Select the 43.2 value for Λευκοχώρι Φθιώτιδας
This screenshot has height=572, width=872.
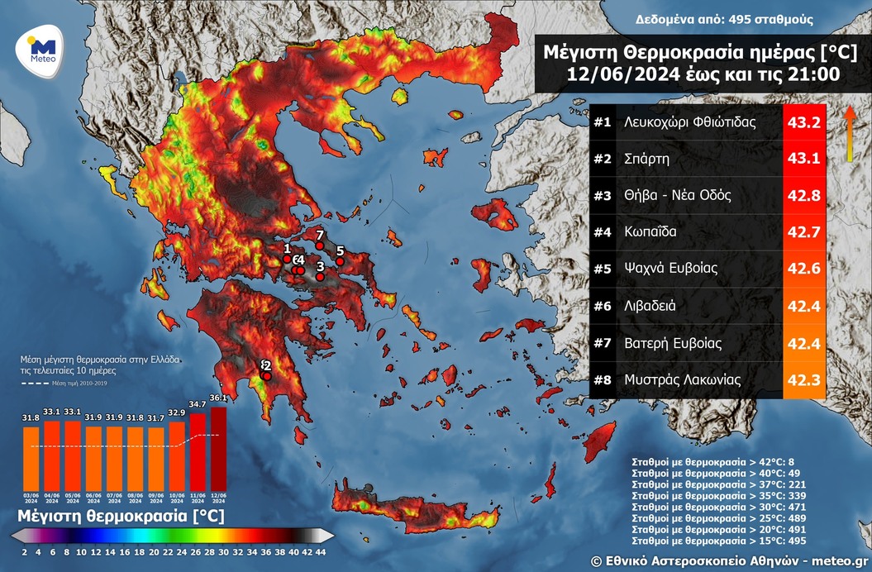[804, 122]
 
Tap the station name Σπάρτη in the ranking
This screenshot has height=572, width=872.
[647, 159]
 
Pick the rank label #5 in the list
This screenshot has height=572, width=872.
[602, 268]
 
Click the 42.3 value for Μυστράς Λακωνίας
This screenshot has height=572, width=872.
[804, 380]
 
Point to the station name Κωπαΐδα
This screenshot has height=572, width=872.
[651, 231]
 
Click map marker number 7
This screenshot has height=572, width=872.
[320, 245]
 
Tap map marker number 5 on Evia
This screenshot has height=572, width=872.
[340, 261]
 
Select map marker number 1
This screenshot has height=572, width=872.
[287, 259]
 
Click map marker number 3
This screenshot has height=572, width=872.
[320, 277]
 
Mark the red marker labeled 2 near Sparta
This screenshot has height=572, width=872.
[267, 376]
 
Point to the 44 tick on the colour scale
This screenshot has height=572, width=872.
[321, 552]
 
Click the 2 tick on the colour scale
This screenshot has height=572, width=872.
[25, 552]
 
